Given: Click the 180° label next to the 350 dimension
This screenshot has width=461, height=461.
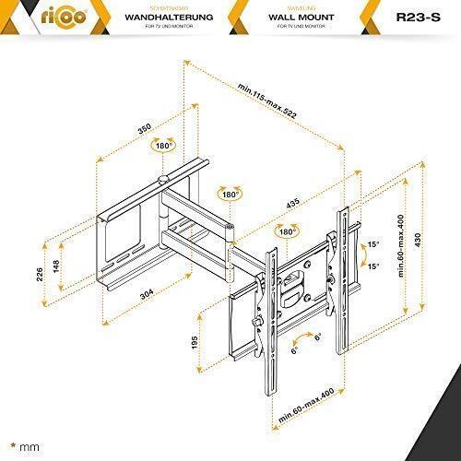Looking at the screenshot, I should [164, 146].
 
